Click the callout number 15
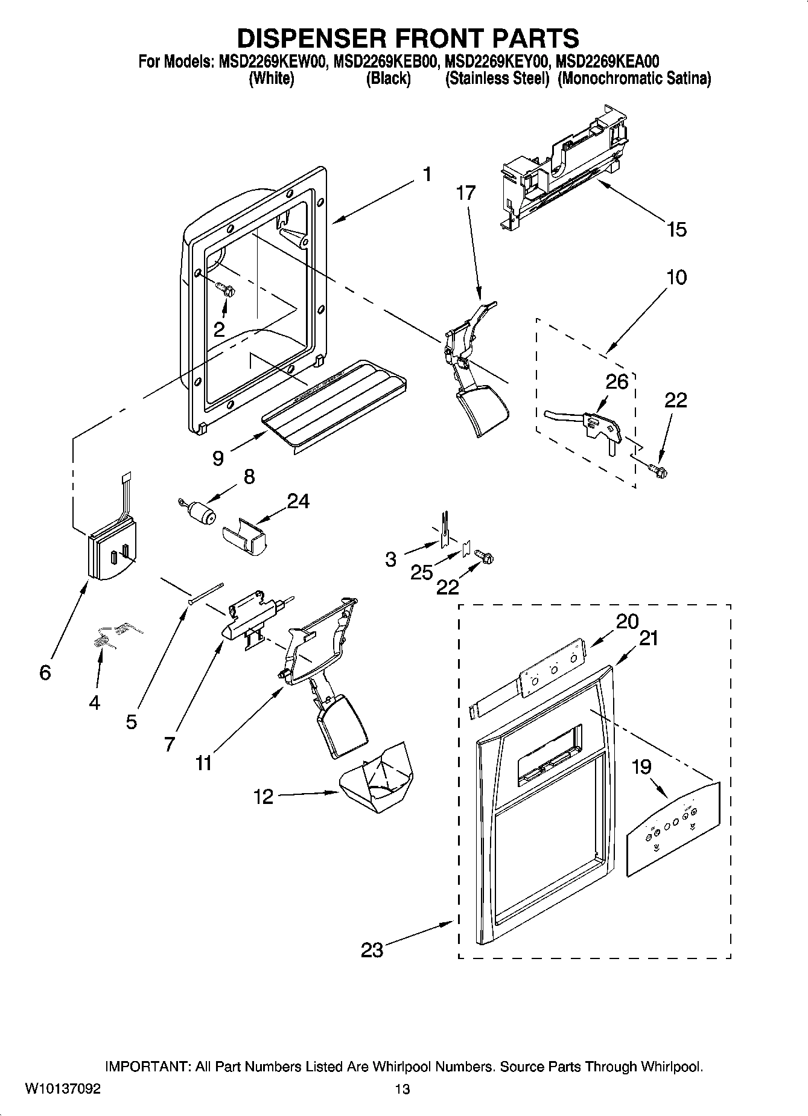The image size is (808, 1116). pos(676,229)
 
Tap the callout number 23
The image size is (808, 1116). pos(372,950)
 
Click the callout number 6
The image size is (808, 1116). pos(45,672)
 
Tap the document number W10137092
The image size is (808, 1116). pos(62,1089)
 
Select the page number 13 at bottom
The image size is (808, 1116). pos(402,1089)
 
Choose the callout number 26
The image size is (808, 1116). pos(617,381)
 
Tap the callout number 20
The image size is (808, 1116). pos(628,621)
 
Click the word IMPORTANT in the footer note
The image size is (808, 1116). pos(148,1067)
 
